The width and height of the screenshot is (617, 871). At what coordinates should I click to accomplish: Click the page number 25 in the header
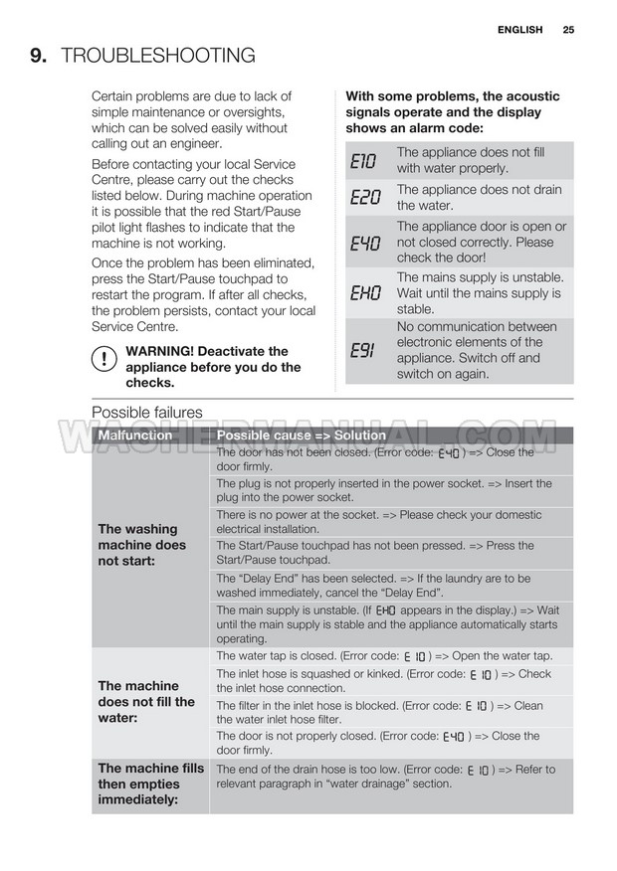click(568, 30)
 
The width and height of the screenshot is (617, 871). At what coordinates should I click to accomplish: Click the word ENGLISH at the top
click(520, 30)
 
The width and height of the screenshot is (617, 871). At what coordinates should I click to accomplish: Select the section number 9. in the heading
click(39, 56)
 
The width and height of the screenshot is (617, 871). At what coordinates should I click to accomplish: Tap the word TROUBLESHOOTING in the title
click(158, 56)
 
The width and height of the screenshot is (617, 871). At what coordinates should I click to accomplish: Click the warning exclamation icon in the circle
click(103, 360)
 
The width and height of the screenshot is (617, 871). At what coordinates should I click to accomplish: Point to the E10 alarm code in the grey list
click(365, 161)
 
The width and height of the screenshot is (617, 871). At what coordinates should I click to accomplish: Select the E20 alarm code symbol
click(365, 198)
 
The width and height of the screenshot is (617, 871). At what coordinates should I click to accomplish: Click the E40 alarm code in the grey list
click(365, 243)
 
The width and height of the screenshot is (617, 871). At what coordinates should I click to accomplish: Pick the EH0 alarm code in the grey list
click(365, 293)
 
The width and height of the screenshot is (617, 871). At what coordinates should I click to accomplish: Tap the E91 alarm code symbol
click(363, 350)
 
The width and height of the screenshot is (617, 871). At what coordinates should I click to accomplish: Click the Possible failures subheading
click(147, 413)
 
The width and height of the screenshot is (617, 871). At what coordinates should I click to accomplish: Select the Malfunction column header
click(135, 435)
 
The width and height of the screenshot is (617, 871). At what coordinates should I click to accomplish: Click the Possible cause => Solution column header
click(301, 435)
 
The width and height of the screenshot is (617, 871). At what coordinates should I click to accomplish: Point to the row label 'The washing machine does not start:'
click(141, 545)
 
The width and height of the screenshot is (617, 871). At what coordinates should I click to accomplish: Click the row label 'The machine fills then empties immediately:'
click(150, 784)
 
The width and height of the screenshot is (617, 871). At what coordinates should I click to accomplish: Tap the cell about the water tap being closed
click(383, 656)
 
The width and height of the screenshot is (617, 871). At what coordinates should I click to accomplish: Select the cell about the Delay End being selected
click(373, 585)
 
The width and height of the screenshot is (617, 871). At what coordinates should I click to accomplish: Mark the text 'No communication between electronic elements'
click(476, 334)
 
